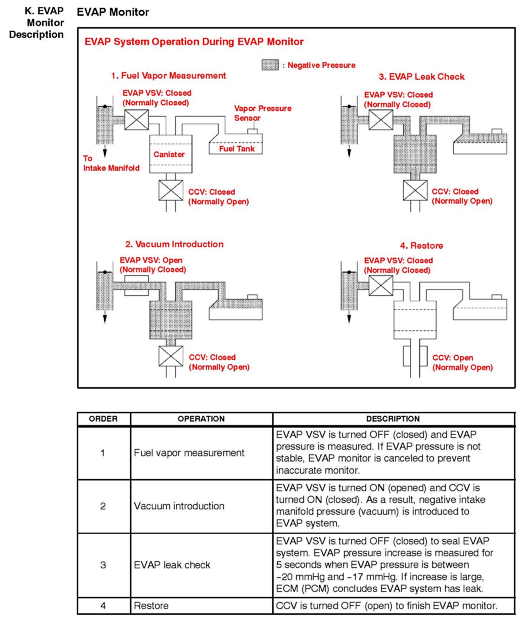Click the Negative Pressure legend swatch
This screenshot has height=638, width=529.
(x=270, y=65)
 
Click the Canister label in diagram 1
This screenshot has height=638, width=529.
(x=169, y=154)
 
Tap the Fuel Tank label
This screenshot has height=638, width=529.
(x=236, y=149)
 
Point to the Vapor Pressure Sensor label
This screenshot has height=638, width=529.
(x=263, y=113)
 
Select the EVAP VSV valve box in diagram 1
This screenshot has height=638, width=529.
(x=136, y=120)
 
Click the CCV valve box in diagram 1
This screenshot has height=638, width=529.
(x=171, y=190)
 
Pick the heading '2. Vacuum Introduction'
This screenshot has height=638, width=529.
(x=174, y=244)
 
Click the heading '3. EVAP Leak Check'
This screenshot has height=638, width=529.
(x=421, y=77)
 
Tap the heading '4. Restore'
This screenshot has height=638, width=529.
(x=421, y=246)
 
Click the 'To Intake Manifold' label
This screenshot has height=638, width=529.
(x=111, y=163)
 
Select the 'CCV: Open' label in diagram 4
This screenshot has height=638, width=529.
(x=453, y=358)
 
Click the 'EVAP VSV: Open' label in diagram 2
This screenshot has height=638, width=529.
(x=151, y=260)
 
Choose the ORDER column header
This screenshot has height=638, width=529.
(x=103, y=419)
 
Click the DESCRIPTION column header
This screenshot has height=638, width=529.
(x=393, y=419)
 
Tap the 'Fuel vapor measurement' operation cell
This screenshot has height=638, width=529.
(x=189, y=453)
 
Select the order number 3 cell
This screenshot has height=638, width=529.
(x=103, y=565)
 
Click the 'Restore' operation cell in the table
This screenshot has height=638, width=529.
(x=151, y=606)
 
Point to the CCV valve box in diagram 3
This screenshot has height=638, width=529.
(x=415, y=190)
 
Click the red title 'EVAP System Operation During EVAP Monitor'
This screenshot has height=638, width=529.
(x=194, y=42)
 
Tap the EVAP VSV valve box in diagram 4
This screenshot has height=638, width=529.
(x=381, y=286)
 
